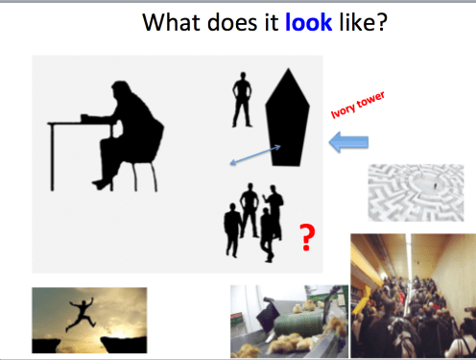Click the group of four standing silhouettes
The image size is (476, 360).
(254, 221)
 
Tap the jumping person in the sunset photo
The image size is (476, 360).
(82, 313)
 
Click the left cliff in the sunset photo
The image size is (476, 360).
(47, 344)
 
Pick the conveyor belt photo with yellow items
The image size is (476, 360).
(288, 322)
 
